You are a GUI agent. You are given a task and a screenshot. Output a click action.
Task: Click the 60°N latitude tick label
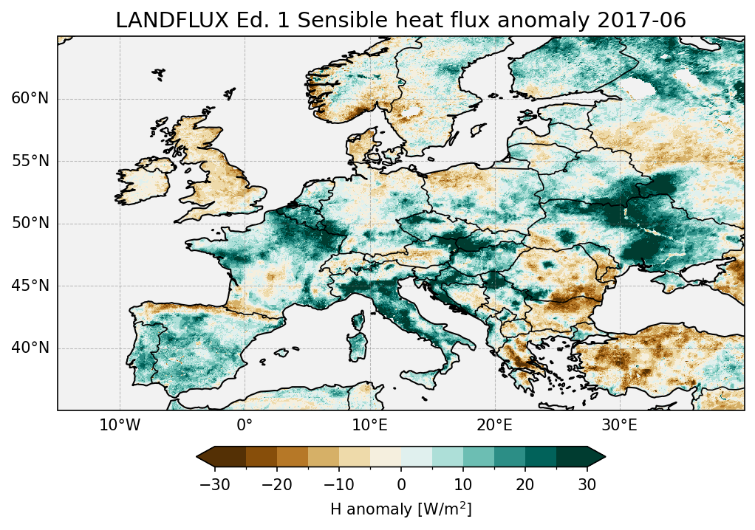click(x=30, y=99)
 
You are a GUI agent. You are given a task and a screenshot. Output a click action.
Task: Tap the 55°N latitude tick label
click(x=30, y=161)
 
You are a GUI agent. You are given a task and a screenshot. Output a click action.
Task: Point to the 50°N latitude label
click(x=30, y=224)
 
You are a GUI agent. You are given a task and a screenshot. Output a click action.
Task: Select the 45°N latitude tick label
click(x=30, y=286)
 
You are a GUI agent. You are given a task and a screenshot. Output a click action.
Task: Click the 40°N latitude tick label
click(x=30, y=348)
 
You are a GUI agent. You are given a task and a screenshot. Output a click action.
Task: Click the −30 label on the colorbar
click(x=213, y=484)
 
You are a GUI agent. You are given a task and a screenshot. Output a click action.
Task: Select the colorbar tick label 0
click(x=401, y=484)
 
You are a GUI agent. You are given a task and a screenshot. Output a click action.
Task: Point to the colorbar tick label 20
click(x=525, y=484)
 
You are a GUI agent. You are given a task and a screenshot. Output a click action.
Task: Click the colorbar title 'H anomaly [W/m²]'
click(x=401, y=509)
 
